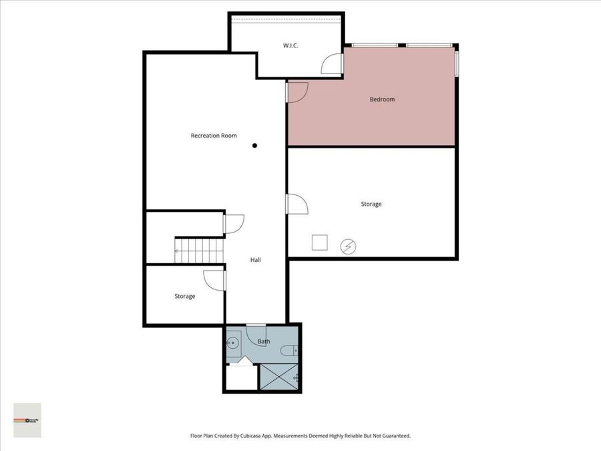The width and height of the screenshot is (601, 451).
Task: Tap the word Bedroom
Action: (382, 100)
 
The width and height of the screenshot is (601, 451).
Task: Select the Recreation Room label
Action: (214, 136)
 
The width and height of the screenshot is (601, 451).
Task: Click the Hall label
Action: (255, 260)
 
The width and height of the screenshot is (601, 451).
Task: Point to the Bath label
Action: (264, 342)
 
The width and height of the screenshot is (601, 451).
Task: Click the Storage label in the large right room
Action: (371, 204)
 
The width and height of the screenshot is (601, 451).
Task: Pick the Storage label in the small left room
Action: (185, 296)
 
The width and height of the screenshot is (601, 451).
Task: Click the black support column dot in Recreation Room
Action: (254, 145)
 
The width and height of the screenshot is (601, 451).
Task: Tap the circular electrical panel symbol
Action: (347, 247)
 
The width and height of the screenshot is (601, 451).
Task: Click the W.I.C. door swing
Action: (332, 64)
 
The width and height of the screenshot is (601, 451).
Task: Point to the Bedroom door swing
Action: (297, 92)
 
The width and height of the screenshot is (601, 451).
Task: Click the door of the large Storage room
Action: (296, 204)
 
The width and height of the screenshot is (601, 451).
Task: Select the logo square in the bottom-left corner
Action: (27, 420)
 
